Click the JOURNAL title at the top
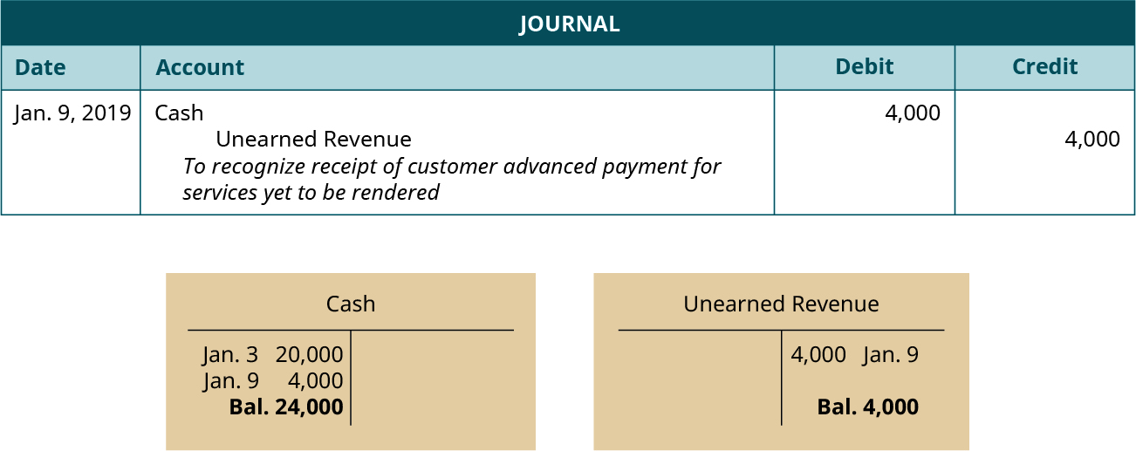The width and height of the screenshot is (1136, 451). [x=569, y=24]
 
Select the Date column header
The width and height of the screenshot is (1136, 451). [x=40, y=67]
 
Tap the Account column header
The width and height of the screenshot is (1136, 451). [x=199, y=67]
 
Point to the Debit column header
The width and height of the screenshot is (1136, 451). [x=864, y=66]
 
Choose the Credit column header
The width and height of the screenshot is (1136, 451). [x=1044, y=66]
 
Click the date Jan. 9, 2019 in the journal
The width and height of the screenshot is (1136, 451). [x=72, y=113]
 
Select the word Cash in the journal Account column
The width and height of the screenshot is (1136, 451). [x=179, y=113]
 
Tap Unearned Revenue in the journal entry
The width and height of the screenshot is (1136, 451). [x=313, y=139]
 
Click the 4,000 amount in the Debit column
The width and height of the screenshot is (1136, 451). [x=913, y=113]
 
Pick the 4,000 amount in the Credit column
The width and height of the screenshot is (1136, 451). [x=1092, y=139]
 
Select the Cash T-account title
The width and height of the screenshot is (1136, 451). [x=350, y=304]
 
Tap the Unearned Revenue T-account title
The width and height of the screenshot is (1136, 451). [x=781, y=304]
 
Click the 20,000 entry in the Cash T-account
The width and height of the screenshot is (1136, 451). [x=309, y=355]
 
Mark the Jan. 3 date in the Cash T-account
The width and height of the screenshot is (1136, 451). [x=230, y=355]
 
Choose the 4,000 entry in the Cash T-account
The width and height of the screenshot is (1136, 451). [x=315, y=381]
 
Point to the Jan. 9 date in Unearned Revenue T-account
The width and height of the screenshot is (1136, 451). [x=890, y=355]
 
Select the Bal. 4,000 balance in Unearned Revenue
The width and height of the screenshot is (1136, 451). [x=867, y=407]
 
